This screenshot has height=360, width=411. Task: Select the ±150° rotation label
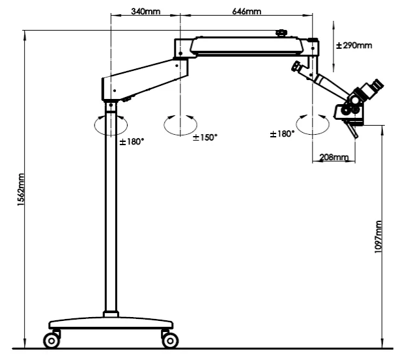pyautogui.click(x=205, y=137)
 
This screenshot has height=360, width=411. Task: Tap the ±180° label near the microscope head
pyautogui.click(x=282, y=133)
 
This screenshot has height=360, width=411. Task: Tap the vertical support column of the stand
pyautogui.click(x=111, y=215)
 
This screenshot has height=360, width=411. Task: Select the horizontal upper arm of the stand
pyautogui.click(x=248, y=45)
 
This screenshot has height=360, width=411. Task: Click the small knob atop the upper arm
pyautogui.click(x=281, y=32)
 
